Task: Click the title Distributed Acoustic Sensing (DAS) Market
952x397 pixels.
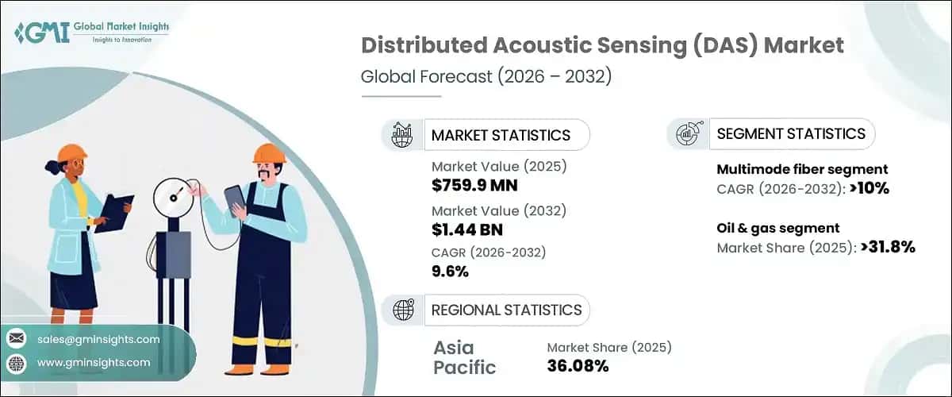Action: (x=602, y=45)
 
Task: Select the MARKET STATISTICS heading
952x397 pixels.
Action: (x=500, y=135)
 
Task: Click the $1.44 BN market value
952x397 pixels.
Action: (x=467, y=230)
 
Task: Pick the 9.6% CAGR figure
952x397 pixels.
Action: (x=450, y=272)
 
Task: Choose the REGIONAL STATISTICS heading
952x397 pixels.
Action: (x=506, y=310)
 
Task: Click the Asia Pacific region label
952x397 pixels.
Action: (x=464, y=357)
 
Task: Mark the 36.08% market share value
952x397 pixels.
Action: (x=578, y=366)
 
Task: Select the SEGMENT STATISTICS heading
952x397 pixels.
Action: (x=790, y=133)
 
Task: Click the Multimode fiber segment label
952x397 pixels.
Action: (x=802, y=169)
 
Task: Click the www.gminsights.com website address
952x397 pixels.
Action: (x=93, y=363)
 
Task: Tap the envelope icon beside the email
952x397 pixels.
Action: (x=16, y=339)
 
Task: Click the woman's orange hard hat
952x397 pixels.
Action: (x=72, y=153)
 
